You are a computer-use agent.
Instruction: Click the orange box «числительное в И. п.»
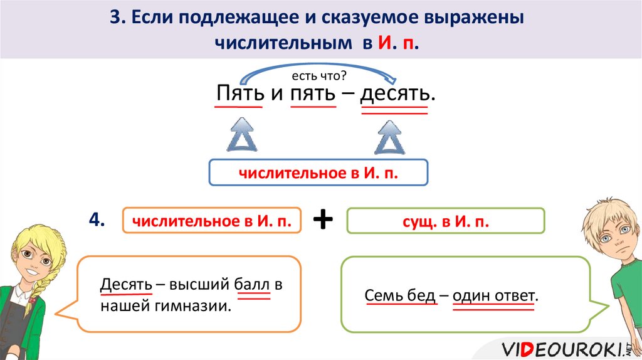tap(211, 220)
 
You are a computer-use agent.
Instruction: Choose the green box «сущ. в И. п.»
tap(446, 221)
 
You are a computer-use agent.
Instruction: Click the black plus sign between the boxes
tap(323, 220)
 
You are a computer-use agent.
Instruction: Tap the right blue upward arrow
tap(389, 136)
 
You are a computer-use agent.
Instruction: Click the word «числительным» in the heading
tap(283, 43)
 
